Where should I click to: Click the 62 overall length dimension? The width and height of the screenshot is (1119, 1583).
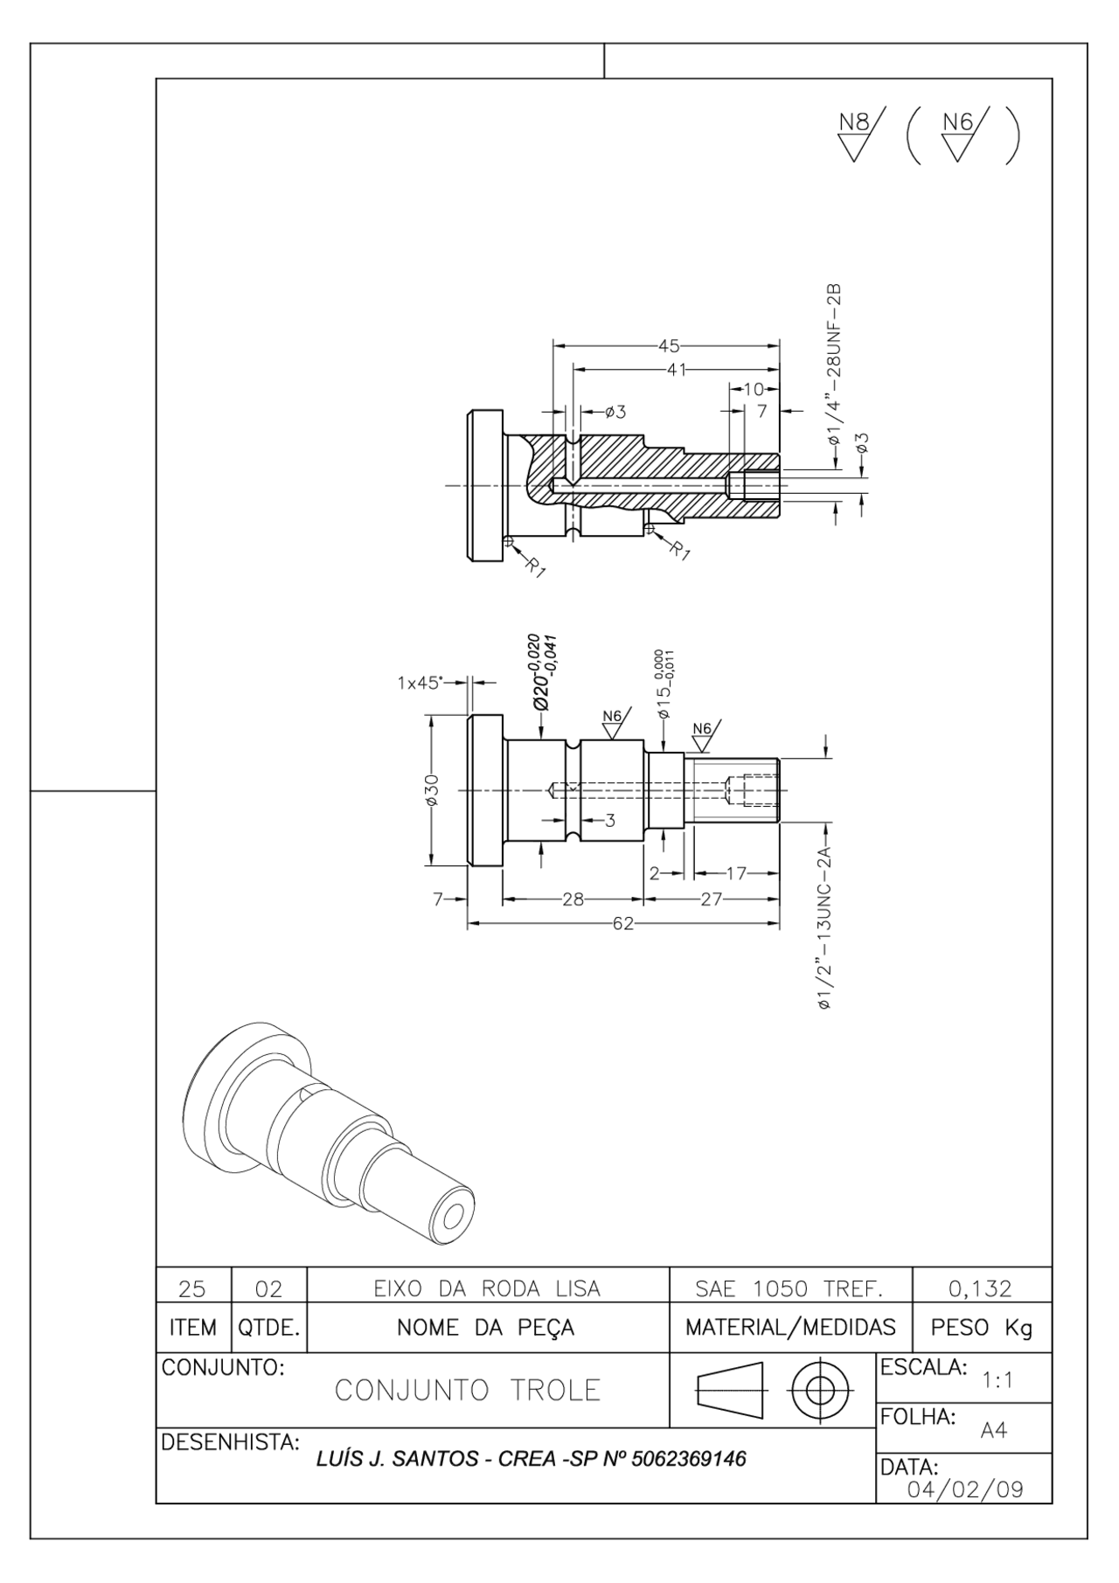pyautogui.click(x=622, y=924)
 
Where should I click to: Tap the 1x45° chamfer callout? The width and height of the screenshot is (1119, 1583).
pyautogui.click(x=420, y=683)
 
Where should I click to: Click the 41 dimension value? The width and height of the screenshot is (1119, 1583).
pyautogui.click(x=676, y=369)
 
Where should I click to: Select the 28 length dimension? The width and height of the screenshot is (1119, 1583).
pyautogui.click(x=573, y=899)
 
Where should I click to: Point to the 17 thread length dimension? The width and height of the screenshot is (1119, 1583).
pyautogui.click(x=736, y=872)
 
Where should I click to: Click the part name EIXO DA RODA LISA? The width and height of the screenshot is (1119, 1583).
pyautogui.click(x=487, y=1288)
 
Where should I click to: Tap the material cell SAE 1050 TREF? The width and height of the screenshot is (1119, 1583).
pyautogui.click(x=789, y=1288)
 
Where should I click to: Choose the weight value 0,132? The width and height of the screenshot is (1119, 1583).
pyautogui.click(x=980, y=1288)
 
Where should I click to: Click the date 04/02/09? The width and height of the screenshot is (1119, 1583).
pyautogui.click(x=965, y=1489)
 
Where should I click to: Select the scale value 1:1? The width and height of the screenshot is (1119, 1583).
pyautogui.click(x=997, y=1381)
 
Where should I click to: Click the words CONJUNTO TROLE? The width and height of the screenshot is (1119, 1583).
pyautogui.click(x=468, y=1390)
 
